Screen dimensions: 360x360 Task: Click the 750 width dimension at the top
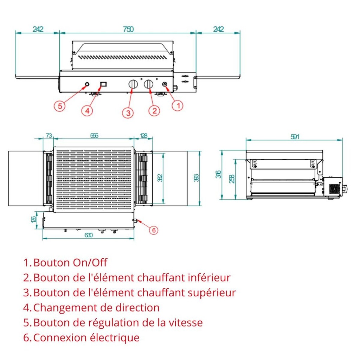click(x=128, y=29)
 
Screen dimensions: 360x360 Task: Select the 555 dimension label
click(x=94, y=135)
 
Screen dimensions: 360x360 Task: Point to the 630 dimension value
click(x=89, y=235)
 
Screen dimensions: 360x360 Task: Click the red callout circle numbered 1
click(x=178, y=105)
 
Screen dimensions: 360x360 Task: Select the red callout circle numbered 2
click(x=154, y=110)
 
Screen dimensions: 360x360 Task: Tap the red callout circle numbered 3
click(x=128, y=112)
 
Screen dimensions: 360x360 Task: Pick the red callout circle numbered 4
click(x=88, y=110)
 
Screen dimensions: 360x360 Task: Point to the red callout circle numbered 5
click(x=60, y=106)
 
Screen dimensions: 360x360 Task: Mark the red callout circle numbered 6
click(x=153, y=230)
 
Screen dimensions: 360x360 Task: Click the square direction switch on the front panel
click(x=104, y=84)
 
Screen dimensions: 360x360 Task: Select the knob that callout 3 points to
click(x=133, y=84)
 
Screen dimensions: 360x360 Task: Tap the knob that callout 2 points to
click(x=149, y=84)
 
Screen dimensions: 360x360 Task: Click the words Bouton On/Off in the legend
click(x=70, y=263)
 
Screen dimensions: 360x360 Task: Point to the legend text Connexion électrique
click(x=86, y=338)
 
